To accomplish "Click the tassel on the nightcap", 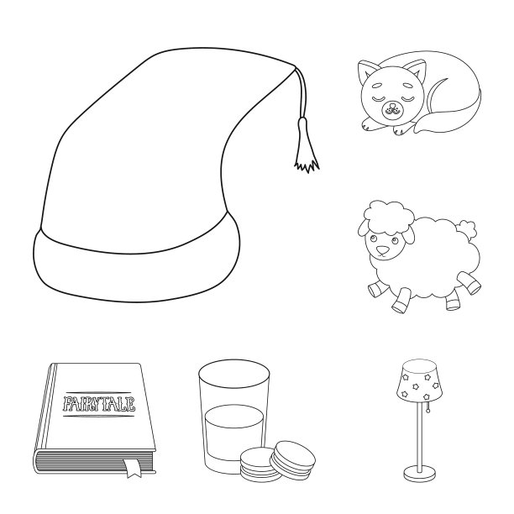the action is click(306, 148).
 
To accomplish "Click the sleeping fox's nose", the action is click(391, 107).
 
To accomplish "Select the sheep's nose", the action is click(382, 251).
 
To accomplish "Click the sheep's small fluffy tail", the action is click(468, 228).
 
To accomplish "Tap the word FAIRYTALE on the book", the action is click(98, 404).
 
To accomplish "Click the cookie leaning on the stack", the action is click(292, 460).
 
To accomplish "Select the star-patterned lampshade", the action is click(420, 381).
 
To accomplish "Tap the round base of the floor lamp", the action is click(420, 474).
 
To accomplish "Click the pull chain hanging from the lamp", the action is click(427, 407).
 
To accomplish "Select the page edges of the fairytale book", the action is click(95, 462).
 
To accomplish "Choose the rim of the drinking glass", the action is click(234, 374).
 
